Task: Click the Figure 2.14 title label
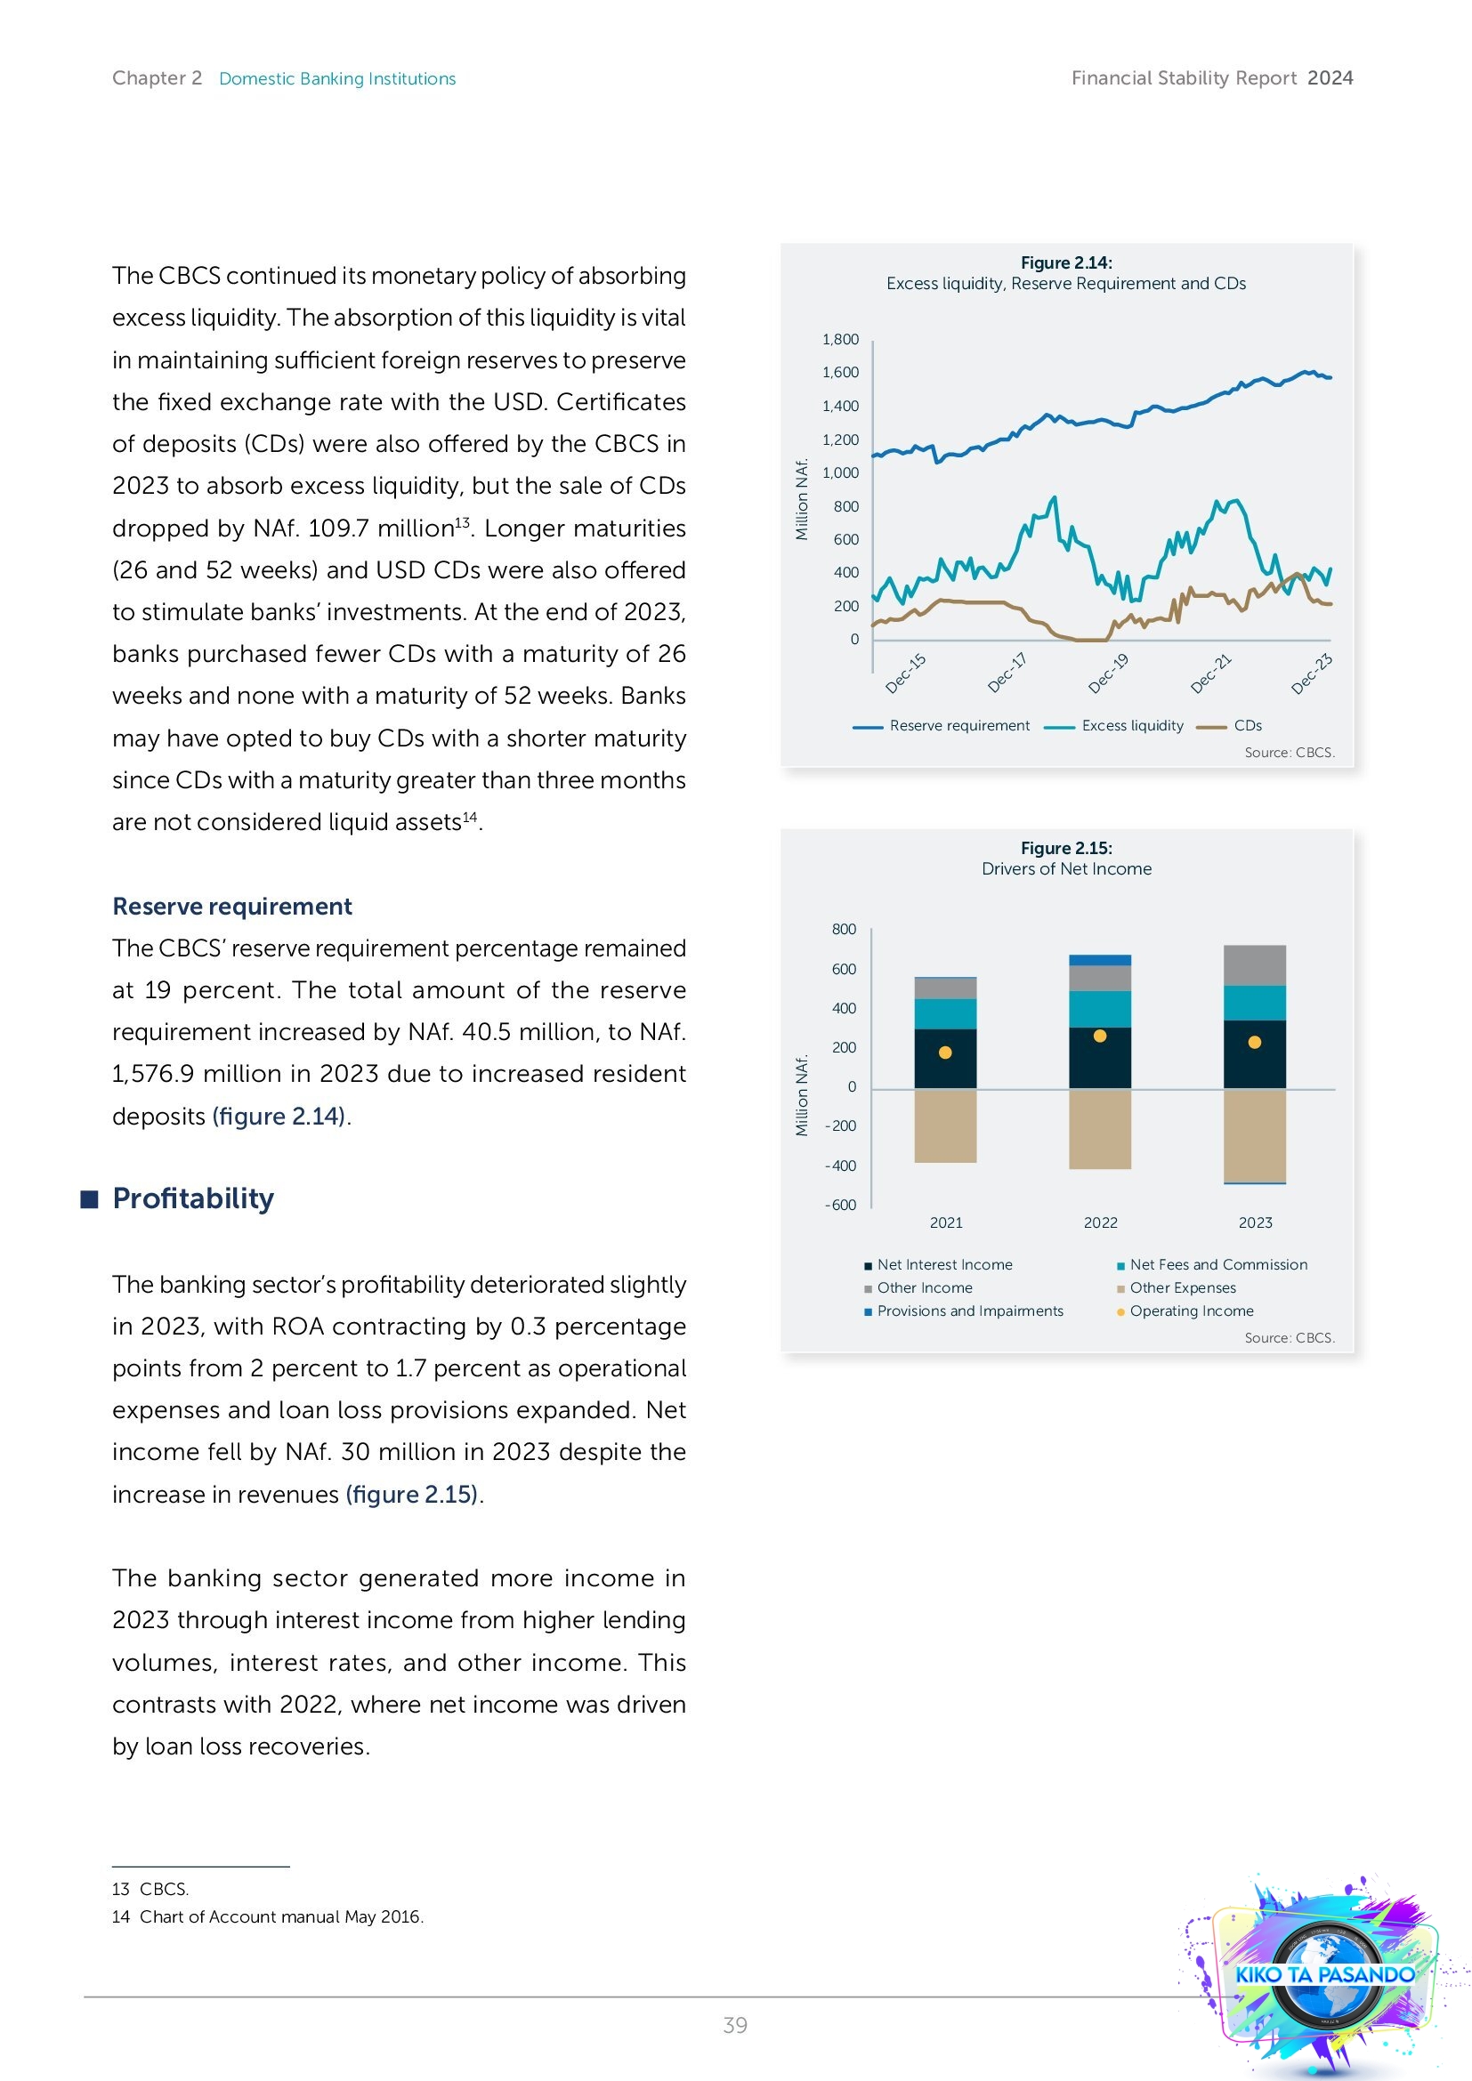(x=1066, y=262)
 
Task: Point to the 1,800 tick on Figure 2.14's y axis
(x=839, y=339)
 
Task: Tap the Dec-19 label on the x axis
(x=1109, y=674)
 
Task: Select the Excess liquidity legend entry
(x=1131, y=725)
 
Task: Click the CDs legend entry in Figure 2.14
(x=1246, y=725)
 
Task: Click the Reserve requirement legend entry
(x=958, y=725)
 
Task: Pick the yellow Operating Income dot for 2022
(x=1099, y=1036)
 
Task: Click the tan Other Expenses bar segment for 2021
(x=945, y=1125)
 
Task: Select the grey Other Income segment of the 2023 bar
(x=1255, y=965)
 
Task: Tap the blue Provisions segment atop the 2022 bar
(x=1099, y=960)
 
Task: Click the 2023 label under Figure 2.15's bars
(x=1255, y=1222)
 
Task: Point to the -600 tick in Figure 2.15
(x=840, y=1205)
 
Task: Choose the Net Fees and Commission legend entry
(x=1217, y=1264)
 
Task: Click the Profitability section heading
(x=192, y=1198)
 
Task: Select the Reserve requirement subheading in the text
(x=232, y=907)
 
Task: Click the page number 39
(x=735, y=2025)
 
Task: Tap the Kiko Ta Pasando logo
(x=1323, y=1974)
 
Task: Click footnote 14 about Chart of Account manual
(x=268, y=1917)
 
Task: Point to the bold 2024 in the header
(x=1330, y=78)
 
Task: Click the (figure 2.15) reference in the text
(x=411, y=1494)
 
